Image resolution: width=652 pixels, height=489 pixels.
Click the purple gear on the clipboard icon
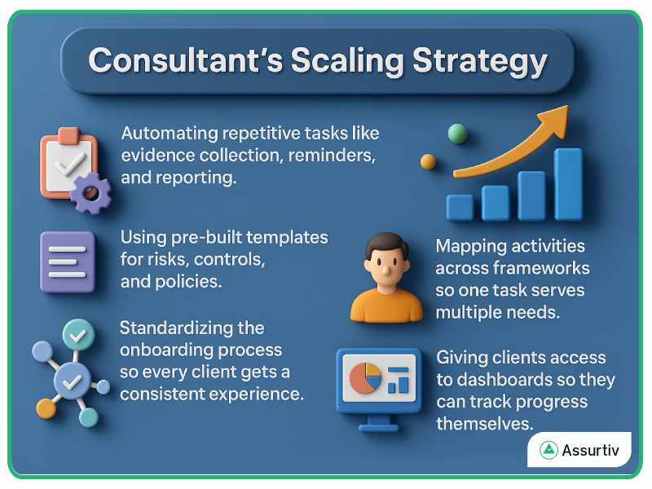click(90, 193)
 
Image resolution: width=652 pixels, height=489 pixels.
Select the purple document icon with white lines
click(68, 261)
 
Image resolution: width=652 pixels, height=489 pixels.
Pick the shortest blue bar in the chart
click(460, 207)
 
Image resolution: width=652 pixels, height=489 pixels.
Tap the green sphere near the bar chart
click(457, 134)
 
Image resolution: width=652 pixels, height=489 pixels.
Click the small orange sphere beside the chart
click(428, 161)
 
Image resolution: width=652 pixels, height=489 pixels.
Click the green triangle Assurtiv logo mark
click(548, 450)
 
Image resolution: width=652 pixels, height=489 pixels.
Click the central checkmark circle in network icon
click(73, 381)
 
